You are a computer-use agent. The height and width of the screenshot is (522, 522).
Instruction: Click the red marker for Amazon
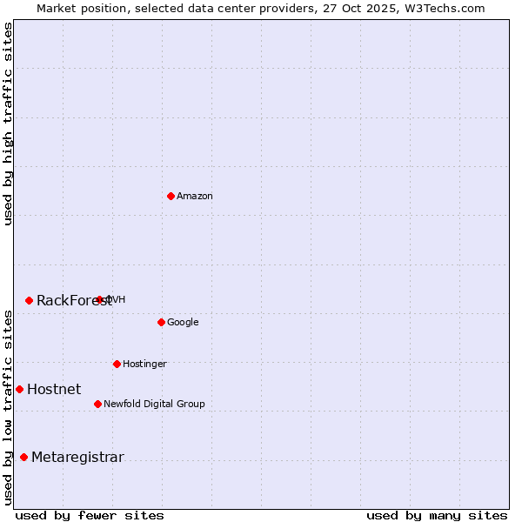(171, 196)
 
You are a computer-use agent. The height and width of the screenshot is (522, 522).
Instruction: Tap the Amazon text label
(195, 197)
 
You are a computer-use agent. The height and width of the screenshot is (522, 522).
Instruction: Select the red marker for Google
(161, 322)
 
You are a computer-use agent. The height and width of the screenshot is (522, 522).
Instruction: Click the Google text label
(183, 323)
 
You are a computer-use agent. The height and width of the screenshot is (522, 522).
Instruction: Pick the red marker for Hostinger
(117, 364)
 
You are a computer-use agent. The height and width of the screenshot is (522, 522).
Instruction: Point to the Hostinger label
(144, 364)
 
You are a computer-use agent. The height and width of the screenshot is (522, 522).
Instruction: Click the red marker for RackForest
(29, 300)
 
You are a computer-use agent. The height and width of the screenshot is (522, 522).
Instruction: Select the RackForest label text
(74, 301)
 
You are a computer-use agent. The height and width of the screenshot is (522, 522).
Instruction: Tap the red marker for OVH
(99, 299)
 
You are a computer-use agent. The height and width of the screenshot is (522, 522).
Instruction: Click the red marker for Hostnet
(19, 389)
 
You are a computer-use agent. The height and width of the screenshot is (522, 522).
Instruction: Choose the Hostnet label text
(54, 390)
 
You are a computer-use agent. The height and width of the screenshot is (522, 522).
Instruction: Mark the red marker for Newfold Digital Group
(97, 404)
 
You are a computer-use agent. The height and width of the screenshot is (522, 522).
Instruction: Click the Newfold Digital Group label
(154, 405)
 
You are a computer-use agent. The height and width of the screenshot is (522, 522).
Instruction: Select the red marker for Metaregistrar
(23, 457)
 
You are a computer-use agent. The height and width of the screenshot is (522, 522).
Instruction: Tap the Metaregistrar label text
(77, 458)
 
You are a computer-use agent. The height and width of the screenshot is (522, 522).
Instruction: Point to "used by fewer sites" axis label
(90, 515)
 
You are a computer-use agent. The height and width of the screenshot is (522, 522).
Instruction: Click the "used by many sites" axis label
(437, 515)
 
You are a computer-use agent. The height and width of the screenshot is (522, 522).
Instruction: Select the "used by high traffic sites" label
(9, 124)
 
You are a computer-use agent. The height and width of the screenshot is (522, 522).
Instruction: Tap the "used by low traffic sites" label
(9, 407)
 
